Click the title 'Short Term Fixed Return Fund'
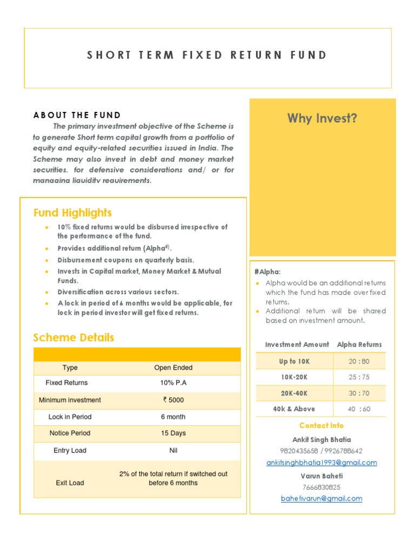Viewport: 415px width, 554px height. [207, 55]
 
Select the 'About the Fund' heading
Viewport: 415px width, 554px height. [77, 115]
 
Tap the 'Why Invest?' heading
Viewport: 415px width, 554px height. [322, 118]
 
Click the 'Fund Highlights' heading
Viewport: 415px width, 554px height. [72, 213]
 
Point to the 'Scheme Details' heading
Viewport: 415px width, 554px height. [73, 338]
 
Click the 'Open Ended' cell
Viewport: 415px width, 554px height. [173, 368]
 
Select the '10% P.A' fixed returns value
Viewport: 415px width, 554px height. [173, 383]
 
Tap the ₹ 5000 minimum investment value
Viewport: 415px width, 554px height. [173, 400]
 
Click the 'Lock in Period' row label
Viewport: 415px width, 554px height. [70, 417]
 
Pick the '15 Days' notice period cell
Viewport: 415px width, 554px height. [173, 433]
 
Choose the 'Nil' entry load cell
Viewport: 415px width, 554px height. [173, 451]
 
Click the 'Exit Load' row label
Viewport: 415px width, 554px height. [70, 483]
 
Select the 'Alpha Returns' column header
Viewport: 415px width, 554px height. [359, 345]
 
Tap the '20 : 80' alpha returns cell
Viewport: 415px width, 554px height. [359, 361]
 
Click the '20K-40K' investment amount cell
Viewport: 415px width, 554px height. [294, 393]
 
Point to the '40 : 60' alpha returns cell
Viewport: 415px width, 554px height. [359, 409]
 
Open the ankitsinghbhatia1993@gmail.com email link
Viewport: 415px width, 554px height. [322, 463]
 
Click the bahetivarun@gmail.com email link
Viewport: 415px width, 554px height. [322, 498]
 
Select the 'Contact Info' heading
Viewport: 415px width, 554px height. [322, 426]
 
